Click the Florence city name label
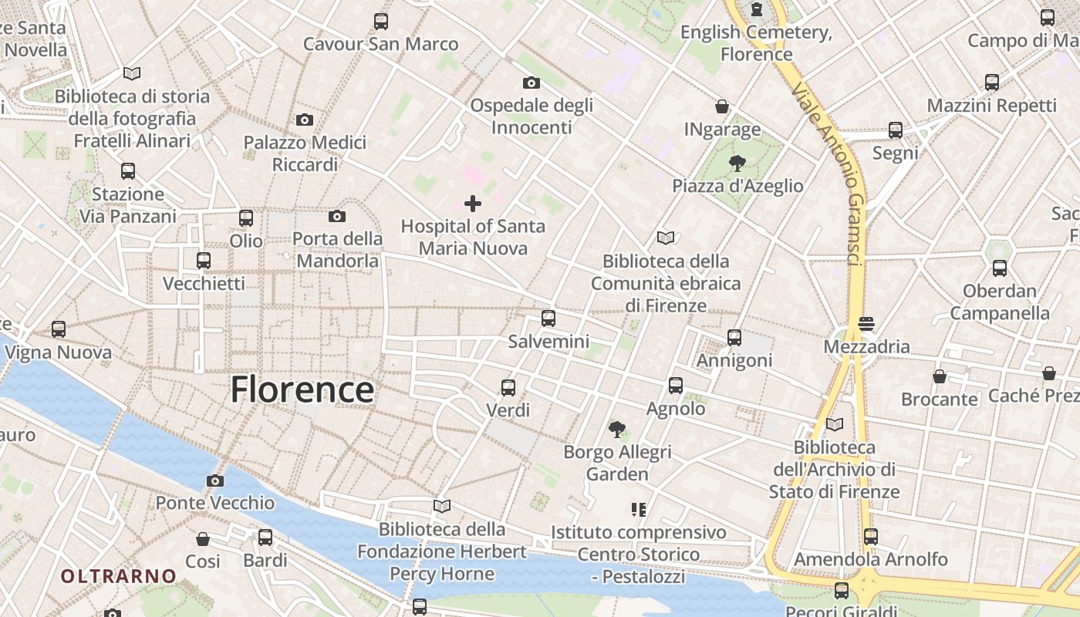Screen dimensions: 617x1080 point(302,389)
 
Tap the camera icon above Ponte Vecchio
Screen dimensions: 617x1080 point(215,481)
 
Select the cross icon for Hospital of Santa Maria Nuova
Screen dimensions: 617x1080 point(473,204)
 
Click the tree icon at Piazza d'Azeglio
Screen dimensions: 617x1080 point(737,163)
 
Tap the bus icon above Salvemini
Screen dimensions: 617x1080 point(548,318)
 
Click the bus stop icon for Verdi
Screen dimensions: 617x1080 point(508,387)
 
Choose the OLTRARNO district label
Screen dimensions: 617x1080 point(119,576)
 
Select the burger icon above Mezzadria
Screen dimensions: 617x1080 point(866,323)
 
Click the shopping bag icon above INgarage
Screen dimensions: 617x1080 point(722,106)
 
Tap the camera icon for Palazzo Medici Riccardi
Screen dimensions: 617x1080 point(305,120)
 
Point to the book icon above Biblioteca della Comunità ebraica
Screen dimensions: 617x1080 point(665,238)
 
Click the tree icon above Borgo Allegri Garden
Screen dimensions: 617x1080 point(616,429)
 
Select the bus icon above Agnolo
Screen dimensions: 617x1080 point(676,385)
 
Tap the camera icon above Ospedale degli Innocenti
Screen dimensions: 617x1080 point(531,83)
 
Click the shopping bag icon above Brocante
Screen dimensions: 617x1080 point(940,376)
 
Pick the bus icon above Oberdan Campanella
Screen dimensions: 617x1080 point(1000,268)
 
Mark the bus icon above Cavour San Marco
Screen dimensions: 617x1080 point(381,22)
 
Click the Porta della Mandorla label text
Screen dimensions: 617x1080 point(338,250)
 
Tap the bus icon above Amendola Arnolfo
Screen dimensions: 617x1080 point(871,536)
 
